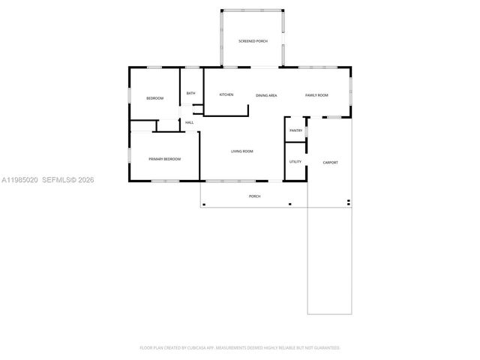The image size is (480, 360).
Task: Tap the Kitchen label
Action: point(226,94)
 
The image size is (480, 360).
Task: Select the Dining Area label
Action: point(266,95)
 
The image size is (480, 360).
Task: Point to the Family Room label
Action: point(316,95)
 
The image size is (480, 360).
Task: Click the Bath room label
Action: point(190,93)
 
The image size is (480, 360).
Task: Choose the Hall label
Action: point(190,122)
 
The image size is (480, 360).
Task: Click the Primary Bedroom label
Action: point(164,159)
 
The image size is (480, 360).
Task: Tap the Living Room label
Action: point(241,151)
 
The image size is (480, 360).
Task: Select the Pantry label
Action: point(295,130)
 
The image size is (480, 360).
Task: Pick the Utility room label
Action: point(295,161)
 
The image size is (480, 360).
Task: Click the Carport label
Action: point(330,162)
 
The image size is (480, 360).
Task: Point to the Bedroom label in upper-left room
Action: point(154,99)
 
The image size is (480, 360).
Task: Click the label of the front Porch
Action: point(254,196)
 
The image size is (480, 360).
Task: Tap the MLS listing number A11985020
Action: point(19,180)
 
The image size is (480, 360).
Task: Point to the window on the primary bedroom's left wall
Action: point(128,156)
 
